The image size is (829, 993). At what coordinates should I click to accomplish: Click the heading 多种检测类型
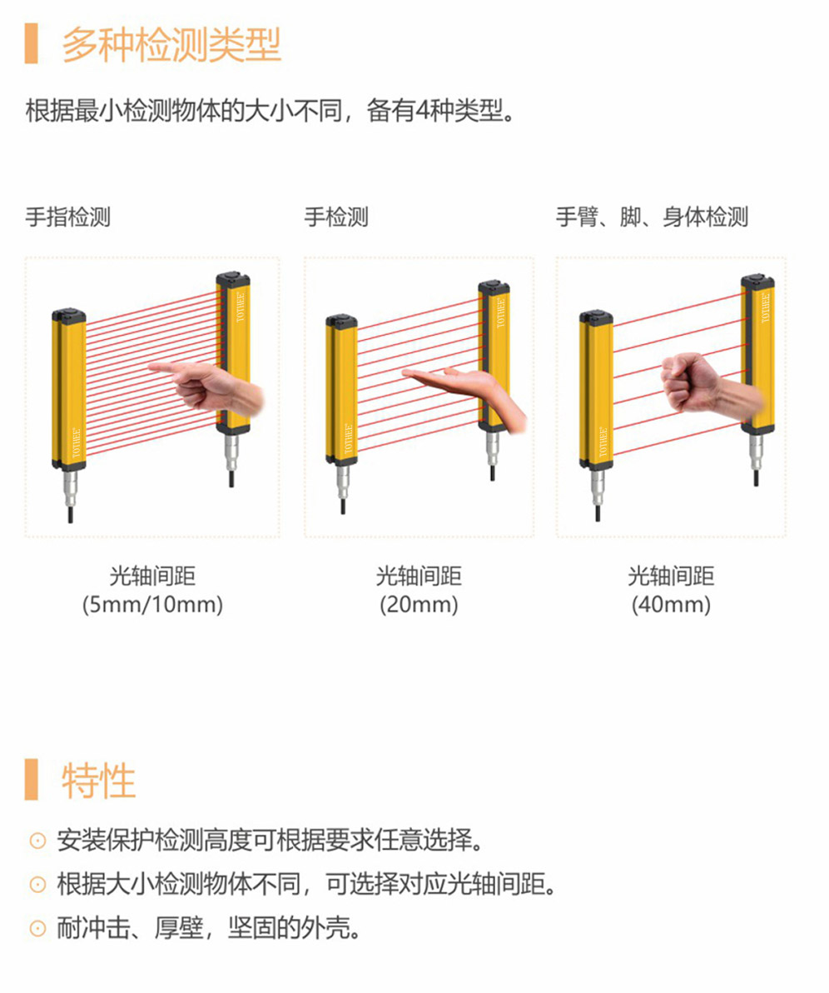171,43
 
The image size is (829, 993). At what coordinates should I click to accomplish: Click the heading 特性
99,780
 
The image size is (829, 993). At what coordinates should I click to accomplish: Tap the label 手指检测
67,217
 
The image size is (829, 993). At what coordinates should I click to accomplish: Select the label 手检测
336,217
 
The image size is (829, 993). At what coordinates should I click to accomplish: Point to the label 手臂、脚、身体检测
652,217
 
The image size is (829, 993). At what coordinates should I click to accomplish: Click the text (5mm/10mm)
152,604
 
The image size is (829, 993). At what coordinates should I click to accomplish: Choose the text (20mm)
419,604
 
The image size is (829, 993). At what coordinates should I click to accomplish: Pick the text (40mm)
671,604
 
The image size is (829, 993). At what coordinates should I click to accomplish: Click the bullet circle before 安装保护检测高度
38,841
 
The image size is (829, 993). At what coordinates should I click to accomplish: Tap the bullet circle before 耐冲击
38,928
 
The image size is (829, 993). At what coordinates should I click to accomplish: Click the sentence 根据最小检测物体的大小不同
184,111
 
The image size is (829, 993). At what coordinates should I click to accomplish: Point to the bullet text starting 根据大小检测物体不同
306,884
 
